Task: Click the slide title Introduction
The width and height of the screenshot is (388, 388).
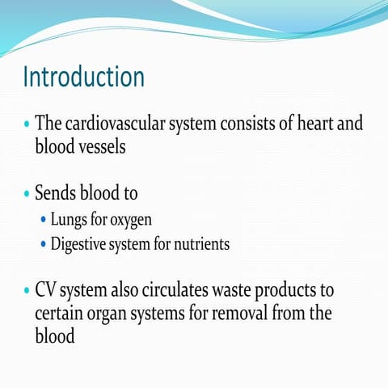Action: pos(84,78)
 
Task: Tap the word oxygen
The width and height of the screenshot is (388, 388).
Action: pos(129,220)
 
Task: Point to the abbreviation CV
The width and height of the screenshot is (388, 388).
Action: pos(48,290)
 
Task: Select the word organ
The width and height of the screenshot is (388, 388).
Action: pos(121,313)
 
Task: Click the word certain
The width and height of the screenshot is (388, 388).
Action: pos(61,313)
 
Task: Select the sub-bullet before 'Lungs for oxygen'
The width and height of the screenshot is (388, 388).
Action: pos(44,220)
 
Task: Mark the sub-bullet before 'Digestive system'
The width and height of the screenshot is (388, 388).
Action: pos(44,243)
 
